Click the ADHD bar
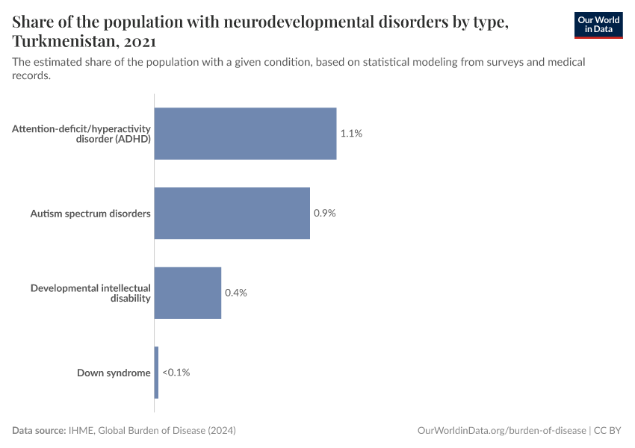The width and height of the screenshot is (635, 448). coord(245,134)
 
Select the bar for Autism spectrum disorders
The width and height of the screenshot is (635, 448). coord(232,213)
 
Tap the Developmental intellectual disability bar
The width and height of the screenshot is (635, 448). coord(188,293)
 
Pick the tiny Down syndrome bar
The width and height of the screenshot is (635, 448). coord(156,372)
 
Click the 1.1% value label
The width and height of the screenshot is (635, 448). coord(351,134)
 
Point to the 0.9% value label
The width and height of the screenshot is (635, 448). coord(325,213)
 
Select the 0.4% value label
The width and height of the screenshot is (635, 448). coord(236,293)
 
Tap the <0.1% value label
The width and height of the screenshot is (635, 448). coord(176,372)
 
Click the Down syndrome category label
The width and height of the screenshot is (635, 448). coord(114,373)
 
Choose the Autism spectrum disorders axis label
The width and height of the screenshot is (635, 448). coord(90,214)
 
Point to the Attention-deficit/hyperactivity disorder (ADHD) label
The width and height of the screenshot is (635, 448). coord(81,134)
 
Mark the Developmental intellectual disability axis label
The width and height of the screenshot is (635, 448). coord(90,293)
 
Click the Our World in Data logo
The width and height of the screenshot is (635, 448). coord(598,25)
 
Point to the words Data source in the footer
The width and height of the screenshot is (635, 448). coord(39,431)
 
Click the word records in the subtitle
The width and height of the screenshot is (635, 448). coord(31,75)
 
